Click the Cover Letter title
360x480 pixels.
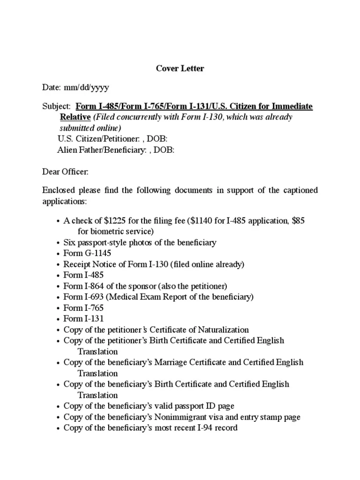click(180, 68)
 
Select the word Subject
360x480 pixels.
click(56, 106)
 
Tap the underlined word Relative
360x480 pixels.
click(75, 117)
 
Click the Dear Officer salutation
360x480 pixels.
click(65, 172)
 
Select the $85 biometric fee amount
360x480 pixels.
click(298, 221)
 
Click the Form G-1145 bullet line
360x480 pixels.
click(81, 254)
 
